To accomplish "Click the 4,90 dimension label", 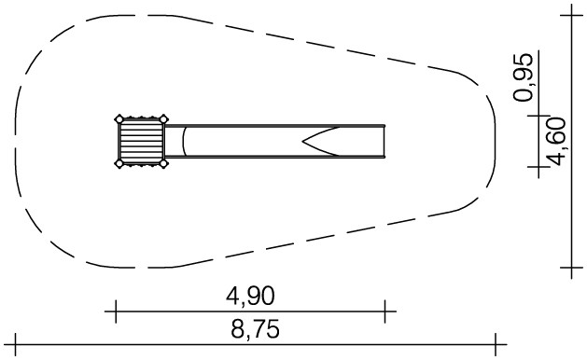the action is coord(250,296).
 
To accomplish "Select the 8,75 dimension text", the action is coord(256,329).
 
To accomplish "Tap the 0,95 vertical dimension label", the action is coord(523,77).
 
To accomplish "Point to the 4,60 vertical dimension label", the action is coord(555,142).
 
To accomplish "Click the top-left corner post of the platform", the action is coord(119,119).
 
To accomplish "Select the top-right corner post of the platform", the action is coord(163,119).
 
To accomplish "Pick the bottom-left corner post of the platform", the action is coord(119,163).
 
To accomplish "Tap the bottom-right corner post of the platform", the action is coord(163,163).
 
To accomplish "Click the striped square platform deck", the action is coord(142,142).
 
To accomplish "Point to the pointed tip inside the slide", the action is coord(303,142).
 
